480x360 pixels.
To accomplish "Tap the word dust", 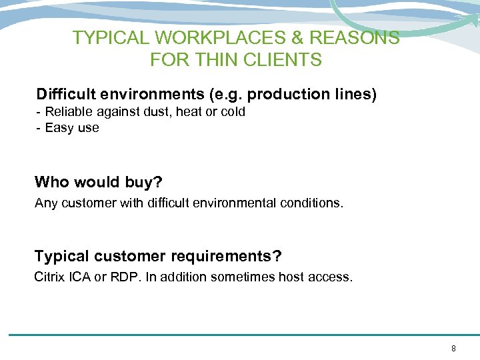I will [159, 112].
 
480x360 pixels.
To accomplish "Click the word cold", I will [233, 112].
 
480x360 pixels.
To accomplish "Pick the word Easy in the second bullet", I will [58, 127].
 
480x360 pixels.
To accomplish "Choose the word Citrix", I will [49, 277].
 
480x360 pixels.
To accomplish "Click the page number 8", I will [453, 348].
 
